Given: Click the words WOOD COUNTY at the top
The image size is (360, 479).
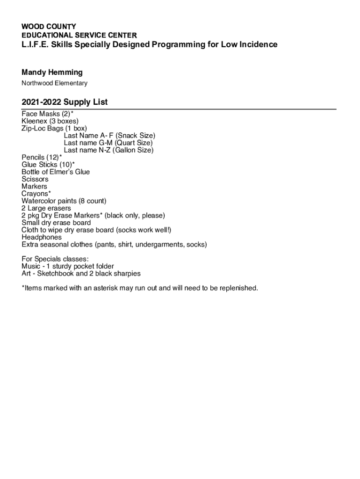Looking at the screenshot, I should (49, 27).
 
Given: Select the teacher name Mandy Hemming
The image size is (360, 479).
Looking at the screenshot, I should (52, 72).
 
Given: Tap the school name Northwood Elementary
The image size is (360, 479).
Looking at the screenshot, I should (54, 83).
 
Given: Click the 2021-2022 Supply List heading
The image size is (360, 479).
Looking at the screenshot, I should (65, 102).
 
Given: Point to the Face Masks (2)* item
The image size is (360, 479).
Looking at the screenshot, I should (47, 114).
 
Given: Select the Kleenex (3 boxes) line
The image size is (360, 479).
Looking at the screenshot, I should (50, 121).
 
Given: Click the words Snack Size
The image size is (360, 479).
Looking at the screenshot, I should (135, 136).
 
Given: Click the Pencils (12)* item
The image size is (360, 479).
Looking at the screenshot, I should (42, 158).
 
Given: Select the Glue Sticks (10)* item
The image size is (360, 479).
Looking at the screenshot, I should (48, 165).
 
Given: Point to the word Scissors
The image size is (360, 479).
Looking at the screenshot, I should (35, 179).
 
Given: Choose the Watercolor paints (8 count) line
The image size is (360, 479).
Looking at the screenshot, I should (64, 201).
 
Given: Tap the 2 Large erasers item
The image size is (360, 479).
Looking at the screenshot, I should (46, 208).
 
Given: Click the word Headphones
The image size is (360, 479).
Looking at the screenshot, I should (41, 237).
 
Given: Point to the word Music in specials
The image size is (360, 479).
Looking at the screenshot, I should (31, 266).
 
